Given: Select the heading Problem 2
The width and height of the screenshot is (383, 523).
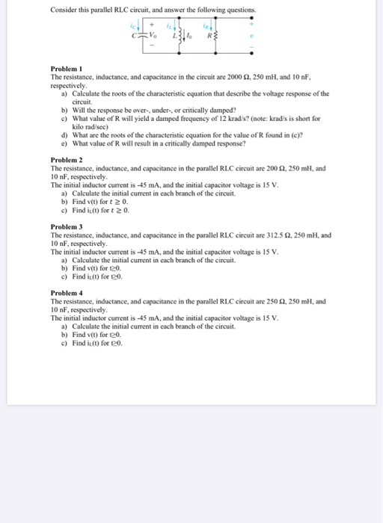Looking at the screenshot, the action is pos(66,161).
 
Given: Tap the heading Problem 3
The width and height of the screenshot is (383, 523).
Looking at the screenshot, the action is pos(66,226).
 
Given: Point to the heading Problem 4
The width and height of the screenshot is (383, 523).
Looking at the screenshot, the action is pos(66,292).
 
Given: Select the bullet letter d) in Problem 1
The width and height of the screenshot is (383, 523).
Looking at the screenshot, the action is pos(64,134).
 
